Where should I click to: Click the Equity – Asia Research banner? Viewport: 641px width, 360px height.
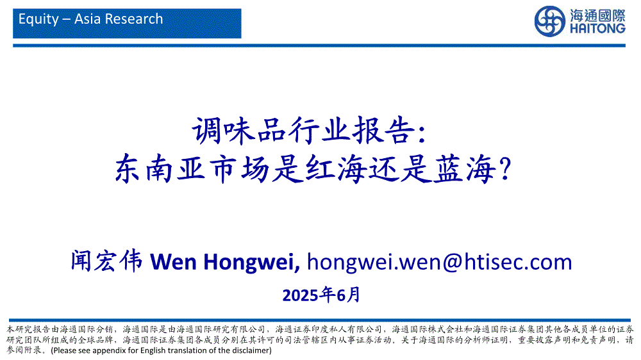127,24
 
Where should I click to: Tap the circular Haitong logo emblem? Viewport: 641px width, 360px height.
549,21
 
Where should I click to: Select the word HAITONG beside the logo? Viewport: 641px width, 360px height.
597,28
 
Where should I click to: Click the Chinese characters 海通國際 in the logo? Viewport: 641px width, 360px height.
597,15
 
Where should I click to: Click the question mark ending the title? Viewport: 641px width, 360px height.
506,168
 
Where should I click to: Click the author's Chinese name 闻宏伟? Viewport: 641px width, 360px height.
106,261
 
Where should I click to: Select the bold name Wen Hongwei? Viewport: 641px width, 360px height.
225,262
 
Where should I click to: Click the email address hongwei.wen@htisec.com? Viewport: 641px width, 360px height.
439,262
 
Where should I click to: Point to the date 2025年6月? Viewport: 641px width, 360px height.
321,295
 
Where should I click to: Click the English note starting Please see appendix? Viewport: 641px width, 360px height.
161,350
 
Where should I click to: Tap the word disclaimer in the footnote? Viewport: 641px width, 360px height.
249,350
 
